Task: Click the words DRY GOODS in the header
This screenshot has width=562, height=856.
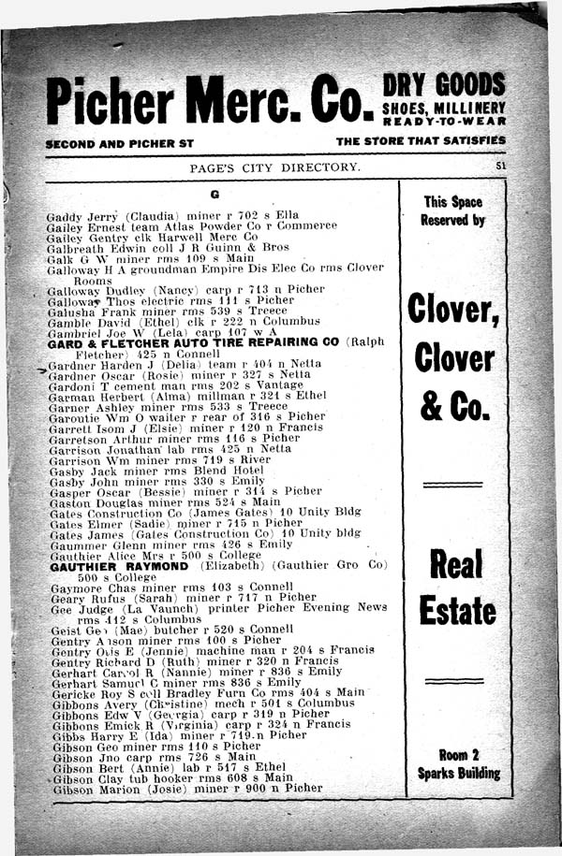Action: [x=444, y=83]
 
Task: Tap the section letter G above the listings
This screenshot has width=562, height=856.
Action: [x=214, y=195]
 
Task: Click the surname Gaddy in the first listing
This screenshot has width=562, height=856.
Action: [x=65, y=216]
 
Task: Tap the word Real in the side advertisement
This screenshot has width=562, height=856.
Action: [x=456, y=564]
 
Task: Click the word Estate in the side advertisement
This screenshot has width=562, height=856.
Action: [x=457, y=610]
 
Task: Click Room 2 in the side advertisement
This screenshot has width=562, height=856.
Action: [x=459, y=754]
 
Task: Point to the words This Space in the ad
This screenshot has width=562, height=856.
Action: [x=453, y=201]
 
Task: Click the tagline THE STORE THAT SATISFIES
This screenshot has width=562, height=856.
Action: [x=420, y=140]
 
